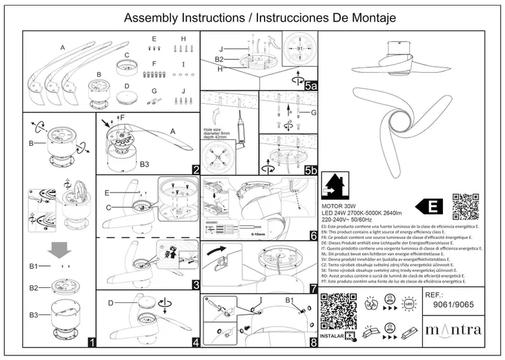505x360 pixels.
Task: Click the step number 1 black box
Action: coord(91,342)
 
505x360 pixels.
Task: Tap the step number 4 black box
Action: coord(195,342)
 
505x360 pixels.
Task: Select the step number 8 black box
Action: coord(313,342)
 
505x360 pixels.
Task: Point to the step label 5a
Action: coord(310,85)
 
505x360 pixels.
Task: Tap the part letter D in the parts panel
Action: coord(127,87)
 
